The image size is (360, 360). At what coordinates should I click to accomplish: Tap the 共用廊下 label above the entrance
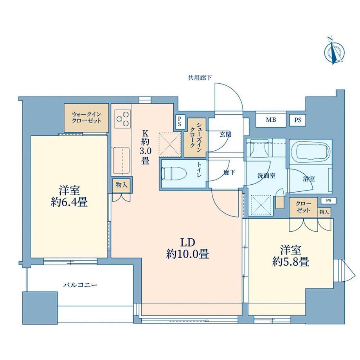(x=200, y=78)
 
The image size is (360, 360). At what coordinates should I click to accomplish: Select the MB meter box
(x=271, y=120)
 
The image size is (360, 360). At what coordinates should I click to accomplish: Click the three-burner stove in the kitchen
(x=122, y=119)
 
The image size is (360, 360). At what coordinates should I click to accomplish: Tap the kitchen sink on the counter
(x=121, y=161)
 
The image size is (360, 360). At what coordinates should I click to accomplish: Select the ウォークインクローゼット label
(x=86, y=117)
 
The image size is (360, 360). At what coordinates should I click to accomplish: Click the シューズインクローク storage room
(x=195, y=137)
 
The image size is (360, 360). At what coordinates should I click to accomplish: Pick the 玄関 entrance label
(x=225, y=135)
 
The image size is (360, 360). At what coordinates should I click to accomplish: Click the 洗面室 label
(x=266, y=176)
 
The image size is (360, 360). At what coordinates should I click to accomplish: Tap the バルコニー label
(x=80, y=285)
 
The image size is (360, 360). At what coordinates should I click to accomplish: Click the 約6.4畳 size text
(x=69, y=203)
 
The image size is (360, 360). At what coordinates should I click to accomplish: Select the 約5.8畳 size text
(x=291, y=261)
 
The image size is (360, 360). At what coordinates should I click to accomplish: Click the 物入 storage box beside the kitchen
(x=122, y=185)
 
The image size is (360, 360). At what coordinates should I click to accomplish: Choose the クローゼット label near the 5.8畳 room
(x=303, y=207)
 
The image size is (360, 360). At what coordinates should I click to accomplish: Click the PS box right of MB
(x=298, y=120)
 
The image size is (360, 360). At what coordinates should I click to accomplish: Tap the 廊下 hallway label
(x=229, y=173)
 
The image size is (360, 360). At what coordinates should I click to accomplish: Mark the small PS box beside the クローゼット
(x=329, y=200)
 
